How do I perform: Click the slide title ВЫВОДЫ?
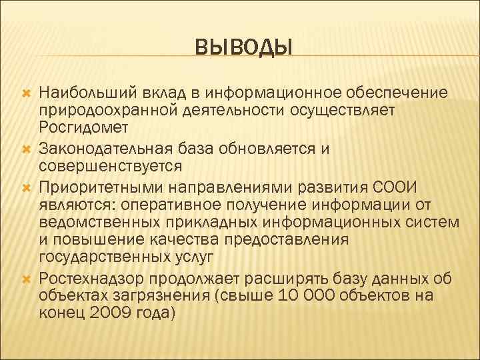tap(244, 47)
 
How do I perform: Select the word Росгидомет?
tap(79, 125)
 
